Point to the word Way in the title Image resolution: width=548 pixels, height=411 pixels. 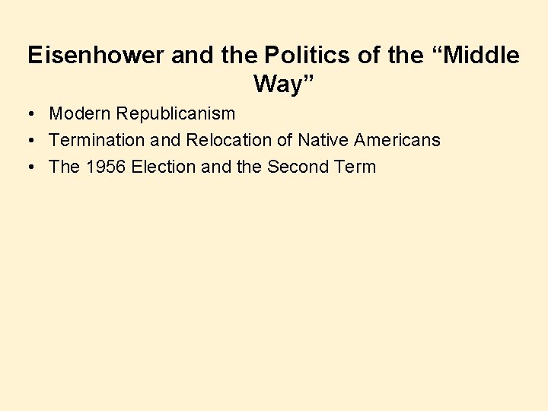[273, 84]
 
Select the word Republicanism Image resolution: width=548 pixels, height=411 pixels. [177, 114]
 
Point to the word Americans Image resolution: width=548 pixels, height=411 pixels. [397, 140]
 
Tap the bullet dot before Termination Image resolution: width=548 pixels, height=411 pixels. [27, 141]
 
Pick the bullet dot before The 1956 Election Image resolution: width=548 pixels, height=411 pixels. [27, 167]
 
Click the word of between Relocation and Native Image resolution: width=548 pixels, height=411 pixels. [284, 140]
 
